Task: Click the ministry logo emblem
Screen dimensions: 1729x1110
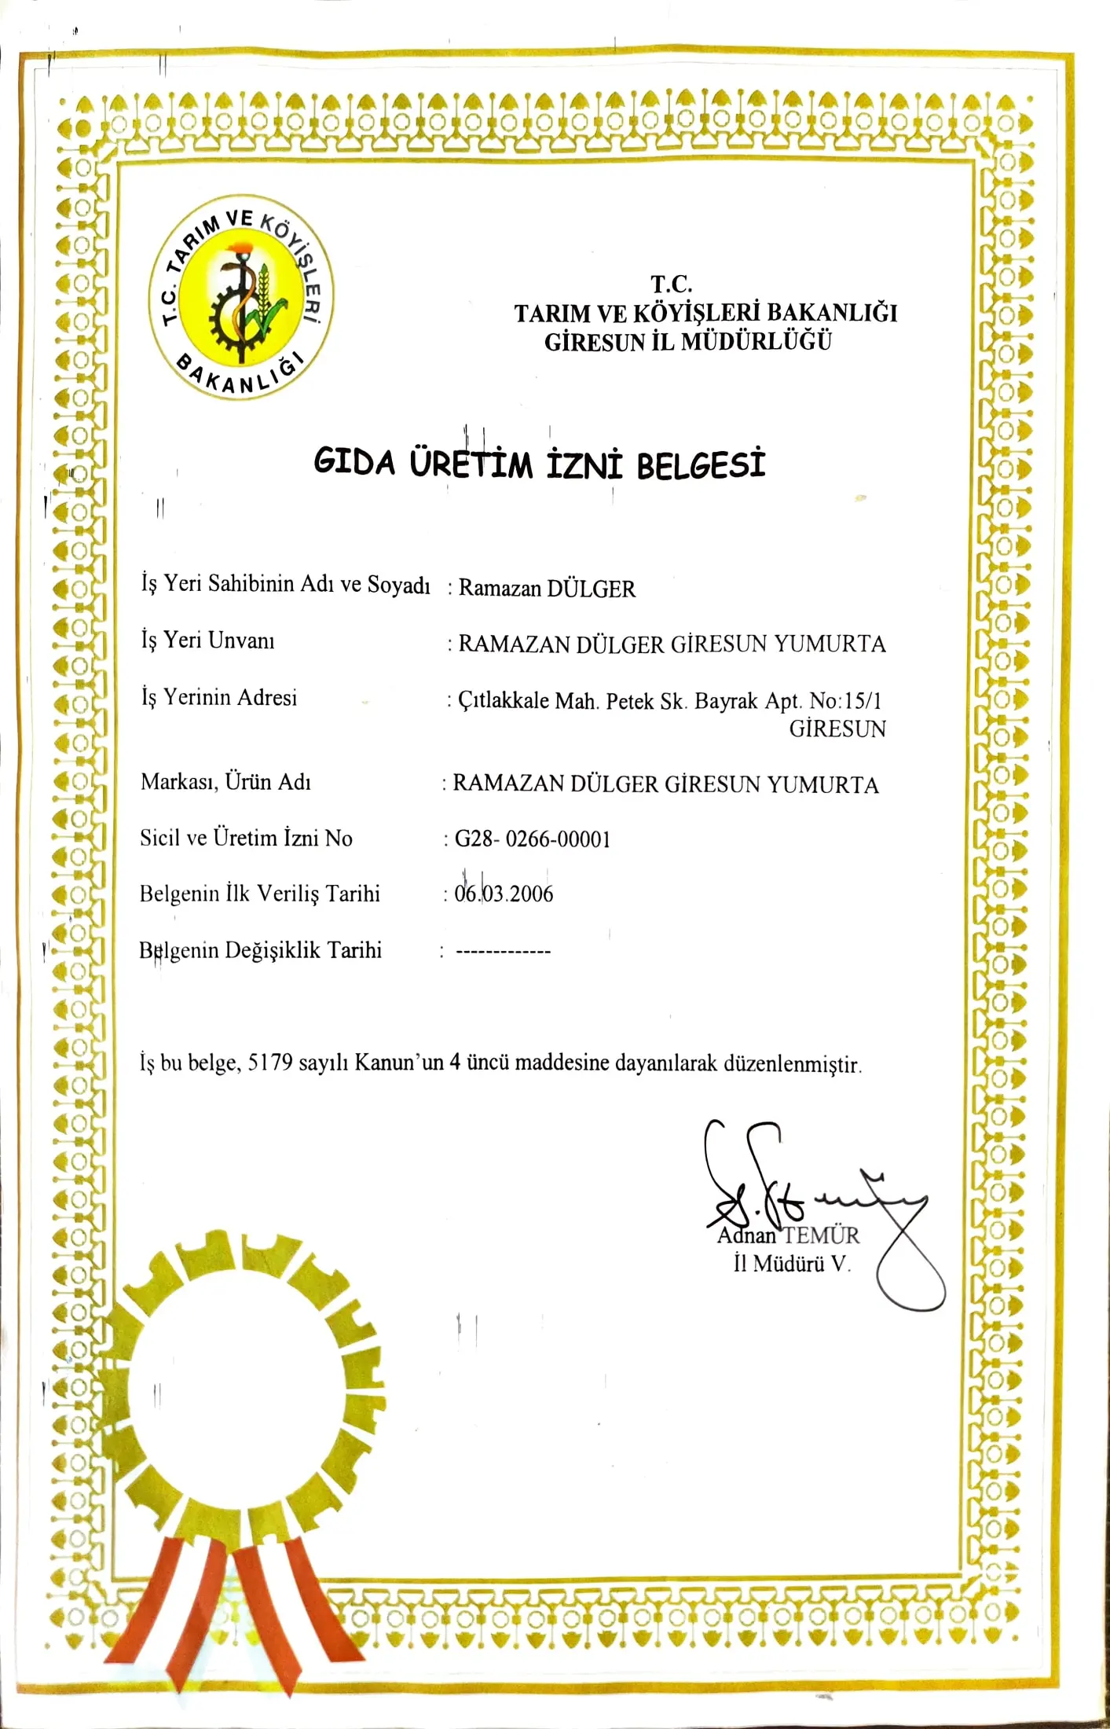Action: (x=241, y=296)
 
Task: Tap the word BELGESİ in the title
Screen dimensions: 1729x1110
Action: (x=700, y=463)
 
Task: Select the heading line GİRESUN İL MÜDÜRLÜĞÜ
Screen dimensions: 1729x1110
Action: (x=687, y=342)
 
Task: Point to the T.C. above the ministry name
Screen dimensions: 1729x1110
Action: (x=672, y=283)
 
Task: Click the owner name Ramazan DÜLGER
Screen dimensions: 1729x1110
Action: (x=547, y=588)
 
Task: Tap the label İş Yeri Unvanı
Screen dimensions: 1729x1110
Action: (x=207, y=641)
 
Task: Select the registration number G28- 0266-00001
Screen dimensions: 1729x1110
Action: (x=533, y=839)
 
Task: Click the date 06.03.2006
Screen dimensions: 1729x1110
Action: (x=504, y=894)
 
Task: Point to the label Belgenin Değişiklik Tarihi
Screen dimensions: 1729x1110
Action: (x=260, y=950)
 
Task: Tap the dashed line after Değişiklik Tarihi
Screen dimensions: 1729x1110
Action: (x=504, y=952)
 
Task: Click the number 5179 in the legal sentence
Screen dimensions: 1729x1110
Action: (x=270, y=1063)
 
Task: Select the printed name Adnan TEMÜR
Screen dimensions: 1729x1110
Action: (x=788, y=1235)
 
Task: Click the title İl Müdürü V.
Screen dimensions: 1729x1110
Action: (x=792, y=1264)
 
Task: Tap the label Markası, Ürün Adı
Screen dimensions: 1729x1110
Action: (x=225, y=782)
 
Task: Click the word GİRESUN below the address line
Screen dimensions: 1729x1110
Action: (x=837, y=729)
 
